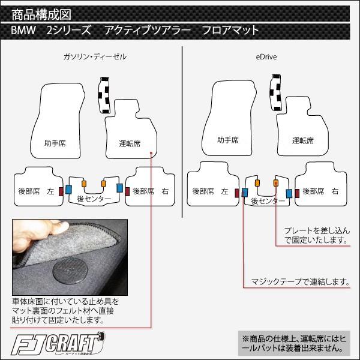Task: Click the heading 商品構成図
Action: tap(41, 14)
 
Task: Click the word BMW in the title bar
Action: tap(23, 31)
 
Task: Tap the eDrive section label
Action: tap(266, 57)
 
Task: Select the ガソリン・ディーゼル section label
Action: tap(95, 57)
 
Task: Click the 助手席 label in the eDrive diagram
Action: tap(228, 140)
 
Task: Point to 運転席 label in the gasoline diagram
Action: tap(130, 143)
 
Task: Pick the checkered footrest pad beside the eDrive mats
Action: tap(276, 92)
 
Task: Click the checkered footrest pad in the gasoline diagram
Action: tap(104, 95)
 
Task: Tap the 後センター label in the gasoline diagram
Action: tap(94, 199)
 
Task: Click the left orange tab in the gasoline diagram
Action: tap(84, 184)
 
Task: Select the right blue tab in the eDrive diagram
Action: tap(289, 194)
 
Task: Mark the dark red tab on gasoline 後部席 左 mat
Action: tap(61, 191)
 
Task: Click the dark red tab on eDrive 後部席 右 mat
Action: tap(297, 193)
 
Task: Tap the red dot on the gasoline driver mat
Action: tap(151, 152)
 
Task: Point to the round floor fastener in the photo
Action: tap(69, 271)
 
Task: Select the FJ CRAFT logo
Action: tap(58, 343)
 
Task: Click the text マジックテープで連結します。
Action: tap(301, 281)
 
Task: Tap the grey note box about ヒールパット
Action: tap(294, 343)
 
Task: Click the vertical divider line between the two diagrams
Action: tap(182, 132)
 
